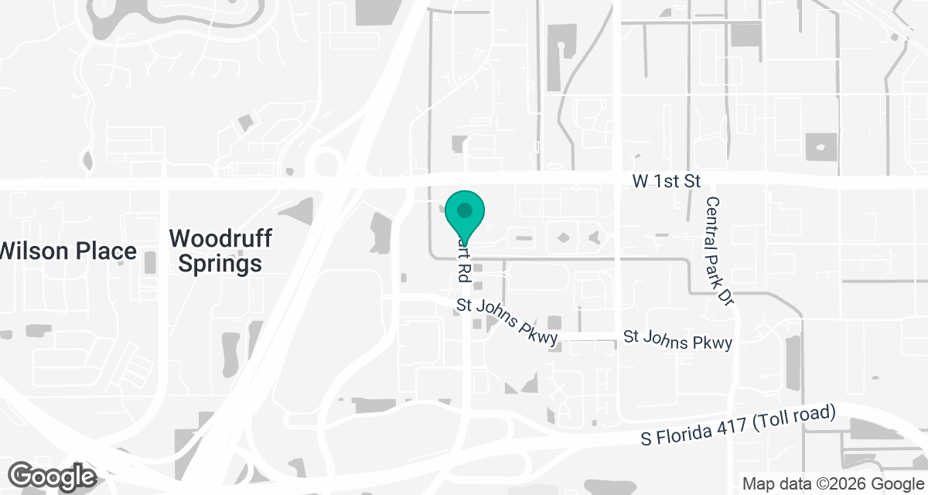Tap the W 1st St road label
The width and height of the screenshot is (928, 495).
666,182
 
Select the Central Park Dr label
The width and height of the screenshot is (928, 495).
717,251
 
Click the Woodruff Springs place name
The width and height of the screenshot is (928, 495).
220,251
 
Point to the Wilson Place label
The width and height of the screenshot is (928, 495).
68,251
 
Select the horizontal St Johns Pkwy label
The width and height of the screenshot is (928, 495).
677,340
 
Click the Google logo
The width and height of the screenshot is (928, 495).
52,476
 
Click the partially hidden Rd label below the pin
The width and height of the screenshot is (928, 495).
464,263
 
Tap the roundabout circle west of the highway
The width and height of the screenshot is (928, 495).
325,164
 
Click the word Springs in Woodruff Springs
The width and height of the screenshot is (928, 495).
220,264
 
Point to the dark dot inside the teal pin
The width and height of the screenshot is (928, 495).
465,210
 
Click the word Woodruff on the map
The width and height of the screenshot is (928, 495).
220,237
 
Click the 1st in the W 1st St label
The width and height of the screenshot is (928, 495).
667,182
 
